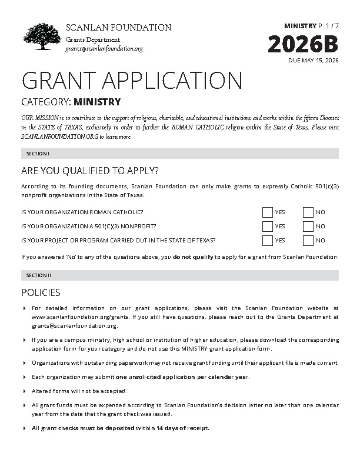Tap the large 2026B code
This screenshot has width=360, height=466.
(304, 45)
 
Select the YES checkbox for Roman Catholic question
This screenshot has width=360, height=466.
(268, 212)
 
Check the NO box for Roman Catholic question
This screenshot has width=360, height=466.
(308, 212)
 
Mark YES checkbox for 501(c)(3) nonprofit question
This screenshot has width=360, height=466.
(268, 226)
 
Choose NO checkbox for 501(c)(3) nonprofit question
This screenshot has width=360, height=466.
(308, 226)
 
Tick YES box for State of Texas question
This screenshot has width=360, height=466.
(268, 240)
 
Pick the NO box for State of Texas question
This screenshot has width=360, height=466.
(308, 240)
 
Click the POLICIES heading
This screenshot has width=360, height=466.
(41, 292)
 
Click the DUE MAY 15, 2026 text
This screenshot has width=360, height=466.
(314, 61)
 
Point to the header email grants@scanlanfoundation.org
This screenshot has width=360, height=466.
(104, 48)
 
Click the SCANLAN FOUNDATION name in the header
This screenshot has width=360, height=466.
(118, 28)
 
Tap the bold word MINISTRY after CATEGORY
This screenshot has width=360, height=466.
(97, 102)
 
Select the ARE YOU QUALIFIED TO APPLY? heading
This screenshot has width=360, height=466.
(89, 171)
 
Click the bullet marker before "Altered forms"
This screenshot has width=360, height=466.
(24, 391)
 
